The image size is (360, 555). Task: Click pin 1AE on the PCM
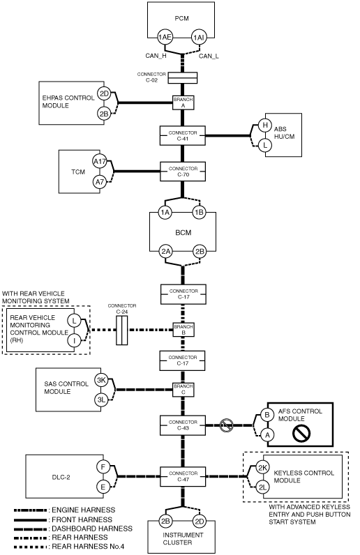coord(165,37)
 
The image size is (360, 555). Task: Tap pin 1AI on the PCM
coord(198,37)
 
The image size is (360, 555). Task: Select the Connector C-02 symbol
coord(182,78)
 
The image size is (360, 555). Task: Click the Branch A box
coord(183,102)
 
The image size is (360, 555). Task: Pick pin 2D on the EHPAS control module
coord(104,94)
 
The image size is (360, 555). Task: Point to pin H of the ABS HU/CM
coord(264,125)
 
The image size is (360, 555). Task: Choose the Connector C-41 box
coord(183,135)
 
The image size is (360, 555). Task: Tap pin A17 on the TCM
coord(100,162)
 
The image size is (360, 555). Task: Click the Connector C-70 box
coord(183,172)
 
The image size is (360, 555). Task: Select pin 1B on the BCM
coord(200,213)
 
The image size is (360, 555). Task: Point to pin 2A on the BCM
coord(166,251)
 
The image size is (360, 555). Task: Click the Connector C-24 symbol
coord(121,330)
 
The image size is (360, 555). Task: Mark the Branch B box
coord(183,330)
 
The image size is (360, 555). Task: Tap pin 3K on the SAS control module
coord(101,380)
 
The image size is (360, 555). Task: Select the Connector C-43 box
coord(183,425)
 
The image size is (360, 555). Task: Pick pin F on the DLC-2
coord(103,467)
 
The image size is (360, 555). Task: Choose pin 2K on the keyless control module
coord(262,468)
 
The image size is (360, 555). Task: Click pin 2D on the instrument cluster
coord(200,521)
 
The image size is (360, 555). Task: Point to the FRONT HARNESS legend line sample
coord(30,519)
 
